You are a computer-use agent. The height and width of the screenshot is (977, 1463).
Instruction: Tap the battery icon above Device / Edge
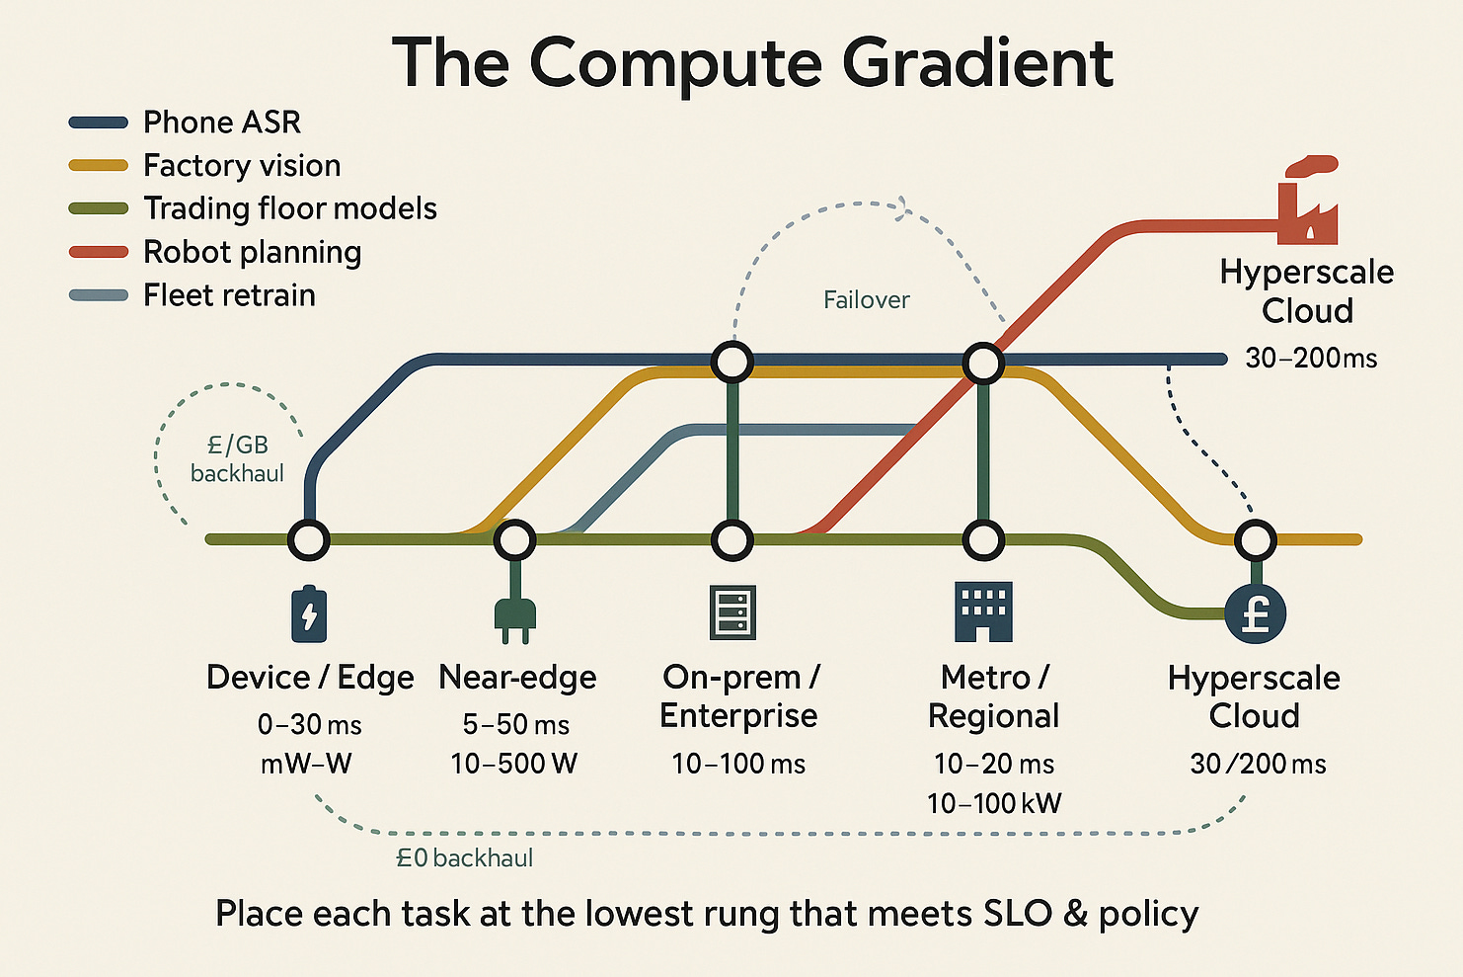pyautogui.click(x=309, y=613)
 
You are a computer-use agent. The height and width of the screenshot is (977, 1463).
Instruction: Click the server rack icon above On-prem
pyautogui.click(x=732, y=612)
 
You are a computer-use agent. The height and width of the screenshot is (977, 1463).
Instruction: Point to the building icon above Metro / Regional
pyautogui.click(x=983, y=611)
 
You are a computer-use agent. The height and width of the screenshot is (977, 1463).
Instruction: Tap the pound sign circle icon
pyautogui.click(x=1255, y=613)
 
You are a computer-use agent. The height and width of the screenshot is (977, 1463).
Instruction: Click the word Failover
pyautogui.click(x=866, y=300)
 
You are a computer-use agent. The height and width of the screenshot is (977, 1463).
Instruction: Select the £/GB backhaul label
pyautogui.click(x=237, y=459)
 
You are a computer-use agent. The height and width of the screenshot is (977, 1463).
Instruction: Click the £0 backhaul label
pyautogui.click(x=464, y=858)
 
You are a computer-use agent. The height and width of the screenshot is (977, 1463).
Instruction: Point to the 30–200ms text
pyautogui.click(x=1311, y=358)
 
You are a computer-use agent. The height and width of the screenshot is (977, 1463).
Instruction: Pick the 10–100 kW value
pyautogui.click(x=994, y=803)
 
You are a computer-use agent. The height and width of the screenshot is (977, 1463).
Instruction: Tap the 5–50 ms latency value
pyautogui.click(x=515, y=725)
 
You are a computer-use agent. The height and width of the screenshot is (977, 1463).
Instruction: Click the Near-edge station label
pyautogui.click(x=517, y=678)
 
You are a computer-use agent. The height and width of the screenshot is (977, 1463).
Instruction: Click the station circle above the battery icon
pyautogui.click(x=308, y=540)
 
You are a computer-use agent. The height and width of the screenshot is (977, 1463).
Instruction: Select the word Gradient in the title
pyautogui.click(x=977, y=63)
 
